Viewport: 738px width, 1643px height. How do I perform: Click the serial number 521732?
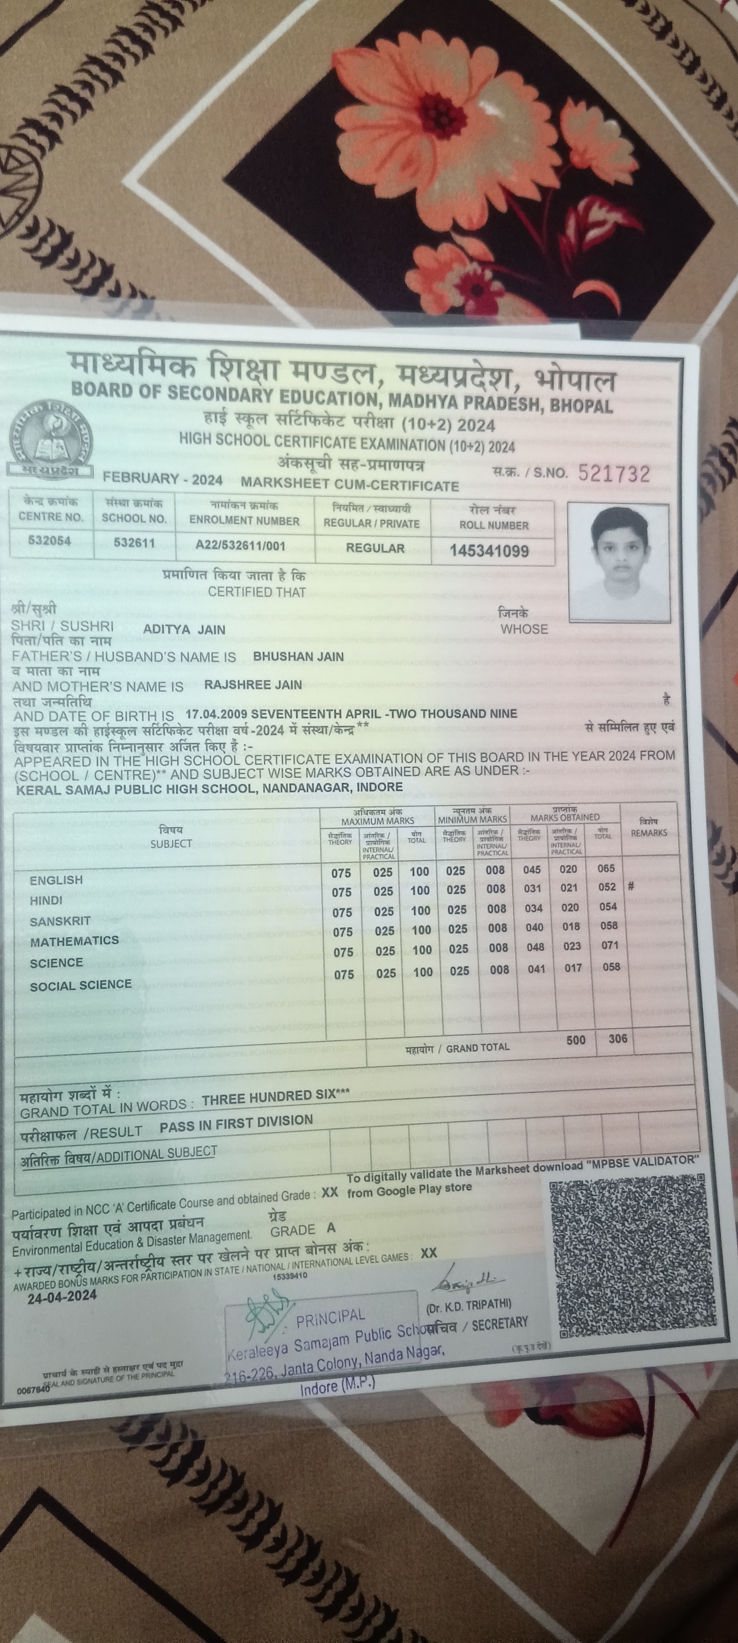614,473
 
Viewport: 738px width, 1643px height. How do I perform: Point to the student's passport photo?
619,562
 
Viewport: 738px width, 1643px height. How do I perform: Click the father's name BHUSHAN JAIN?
298,656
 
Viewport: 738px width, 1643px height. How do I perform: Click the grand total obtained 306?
617,1039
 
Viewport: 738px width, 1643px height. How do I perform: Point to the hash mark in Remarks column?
631,886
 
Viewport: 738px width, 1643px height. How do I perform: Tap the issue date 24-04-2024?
62,1295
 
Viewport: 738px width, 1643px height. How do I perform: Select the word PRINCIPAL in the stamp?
330,1317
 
